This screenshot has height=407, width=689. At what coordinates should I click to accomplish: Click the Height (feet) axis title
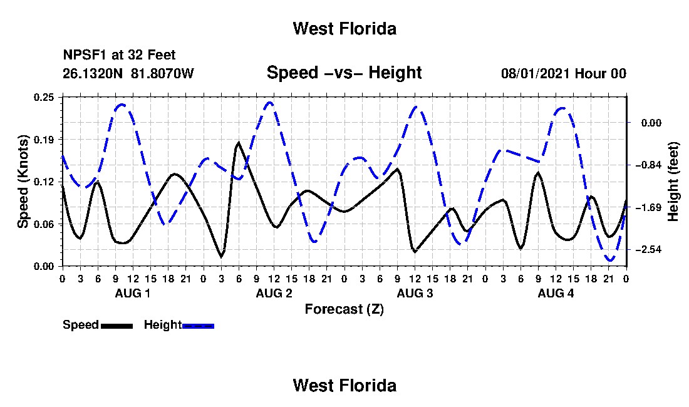coord(673,182)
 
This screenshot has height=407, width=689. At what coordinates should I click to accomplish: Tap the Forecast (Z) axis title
coord(344,309)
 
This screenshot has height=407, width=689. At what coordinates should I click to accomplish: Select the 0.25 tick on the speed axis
coord(44,97)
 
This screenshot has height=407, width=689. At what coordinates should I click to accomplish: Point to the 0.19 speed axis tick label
coord(44,140)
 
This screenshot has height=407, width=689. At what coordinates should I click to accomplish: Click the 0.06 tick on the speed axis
coord(44,224)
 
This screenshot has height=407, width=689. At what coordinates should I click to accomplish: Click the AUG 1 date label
coord(133,293)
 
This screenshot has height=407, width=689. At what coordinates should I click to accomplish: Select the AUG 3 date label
coord(415,293)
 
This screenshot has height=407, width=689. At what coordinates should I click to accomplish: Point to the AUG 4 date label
coord(556,293)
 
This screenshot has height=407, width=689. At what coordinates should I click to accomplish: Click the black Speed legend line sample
coord(117,326)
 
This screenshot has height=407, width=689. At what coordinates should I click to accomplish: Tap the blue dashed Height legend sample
coord(198,326)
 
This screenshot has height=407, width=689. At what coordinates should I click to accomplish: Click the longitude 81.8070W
coord(162,73)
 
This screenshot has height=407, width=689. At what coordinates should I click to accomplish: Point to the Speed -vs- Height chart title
coord(344,73)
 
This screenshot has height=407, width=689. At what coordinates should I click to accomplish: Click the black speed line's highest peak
coord(239,142)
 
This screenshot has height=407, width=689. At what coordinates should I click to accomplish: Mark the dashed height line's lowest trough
coord(610,260)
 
